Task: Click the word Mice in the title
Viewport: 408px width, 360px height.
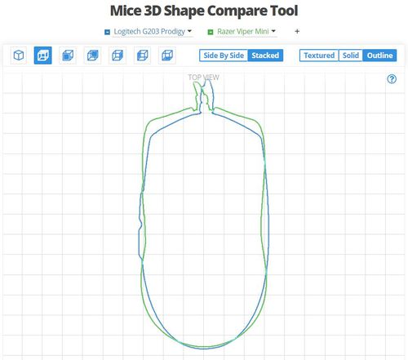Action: tap(126, 11)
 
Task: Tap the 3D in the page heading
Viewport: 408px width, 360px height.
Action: tap(153, 11)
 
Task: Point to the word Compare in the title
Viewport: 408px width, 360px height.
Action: tap(236, 11)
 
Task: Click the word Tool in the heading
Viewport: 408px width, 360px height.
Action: tap(284, 11)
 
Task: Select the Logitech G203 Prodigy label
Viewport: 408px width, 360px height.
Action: tap(149, 32)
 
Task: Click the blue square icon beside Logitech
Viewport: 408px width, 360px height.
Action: tap(107, 32)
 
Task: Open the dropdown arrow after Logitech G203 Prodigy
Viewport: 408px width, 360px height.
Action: tap(189, 31)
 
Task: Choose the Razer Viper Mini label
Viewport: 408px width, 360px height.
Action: tap(243, 32)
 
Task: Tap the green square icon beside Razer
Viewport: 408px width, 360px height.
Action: tap(211, 32)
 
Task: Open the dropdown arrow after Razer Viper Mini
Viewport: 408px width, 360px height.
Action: tap(273, 31)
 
